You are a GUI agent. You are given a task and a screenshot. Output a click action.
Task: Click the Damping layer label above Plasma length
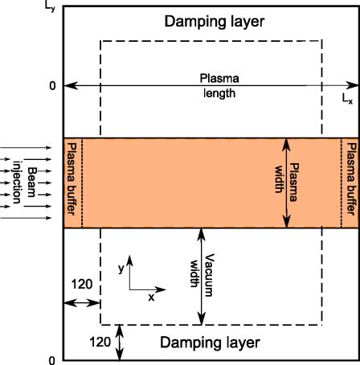pos(212,21)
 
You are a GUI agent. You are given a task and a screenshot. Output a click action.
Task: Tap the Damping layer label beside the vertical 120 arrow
pos(210,342)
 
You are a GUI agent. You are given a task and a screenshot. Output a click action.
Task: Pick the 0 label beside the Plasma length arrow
pos(53,85)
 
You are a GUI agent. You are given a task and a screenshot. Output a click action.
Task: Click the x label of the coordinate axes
pos(150,297)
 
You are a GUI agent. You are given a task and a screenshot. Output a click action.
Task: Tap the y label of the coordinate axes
pos(121,265)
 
